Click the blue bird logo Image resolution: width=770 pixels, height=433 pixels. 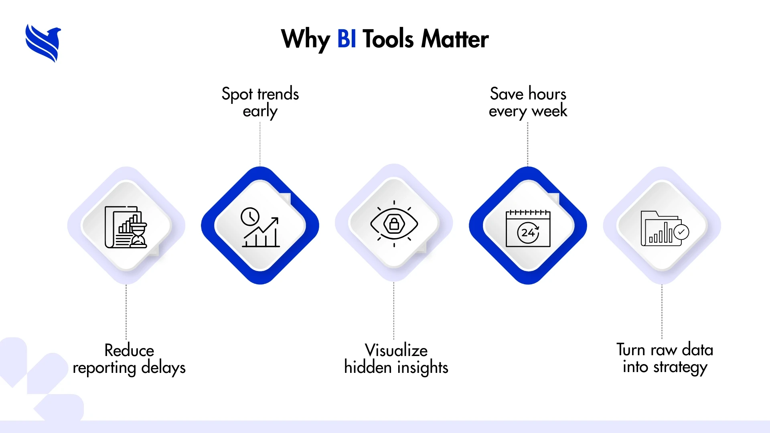click(x=43, y=43)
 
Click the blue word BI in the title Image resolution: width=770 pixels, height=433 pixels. click(x=347, y=39)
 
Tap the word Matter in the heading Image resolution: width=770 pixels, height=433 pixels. click(x=455, y=39)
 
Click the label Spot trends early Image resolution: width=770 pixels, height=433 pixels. click(x=260, y=102)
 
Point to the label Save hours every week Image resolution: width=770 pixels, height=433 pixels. click(x=528, y=102)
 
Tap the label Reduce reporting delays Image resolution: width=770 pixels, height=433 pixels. click(x=129, y=359)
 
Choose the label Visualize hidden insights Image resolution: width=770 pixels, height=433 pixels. click(x=396, y=359)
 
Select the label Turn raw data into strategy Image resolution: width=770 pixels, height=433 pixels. click(x=665, y=358)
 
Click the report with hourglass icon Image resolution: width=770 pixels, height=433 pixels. click(x=126, y=227)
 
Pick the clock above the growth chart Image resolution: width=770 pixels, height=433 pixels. click(x=250, y=217)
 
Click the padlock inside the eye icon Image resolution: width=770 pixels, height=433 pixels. click(x=394, y=224)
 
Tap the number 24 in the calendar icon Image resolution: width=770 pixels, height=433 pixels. click(x=528, y=233)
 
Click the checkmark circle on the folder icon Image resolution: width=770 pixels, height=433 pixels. click(x=681, y=232)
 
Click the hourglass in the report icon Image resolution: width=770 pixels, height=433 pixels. click(x=139, y=235)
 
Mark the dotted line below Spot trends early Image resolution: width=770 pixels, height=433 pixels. click(x=260, y=144)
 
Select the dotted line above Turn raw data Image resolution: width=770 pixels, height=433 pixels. click(x=662, y=312)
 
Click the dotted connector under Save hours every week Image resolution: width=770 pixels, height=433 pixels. click(x=528, y=144)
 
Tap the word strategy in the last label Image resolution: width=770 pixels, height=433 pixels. click(x=680, y=368)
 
